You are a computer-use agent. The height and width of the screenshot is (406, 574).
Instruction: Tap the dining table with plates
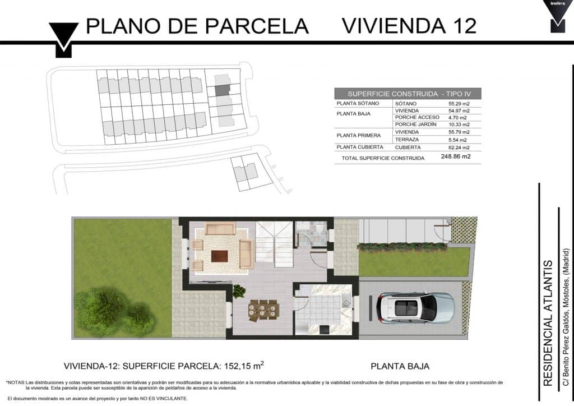[263, 310]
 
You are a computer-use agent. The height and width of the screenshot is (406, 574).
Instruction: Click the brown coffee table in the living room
[219, 256]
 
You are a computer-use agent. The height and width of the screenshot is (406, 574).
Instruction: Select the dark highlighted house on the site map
[222, 90]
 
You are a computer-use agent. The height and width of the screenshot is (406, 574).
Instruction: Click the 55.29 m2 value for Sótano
[459, 104]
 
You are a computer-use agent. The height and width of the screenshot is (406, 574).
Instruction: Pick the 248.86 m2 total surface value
[456, 156]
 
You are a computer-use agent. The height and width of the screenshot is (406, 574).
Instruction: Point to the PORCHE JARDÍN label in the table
[415, 124]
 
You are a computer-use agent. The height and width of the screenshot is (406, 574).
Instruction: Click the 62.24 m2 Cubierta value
[459, 147]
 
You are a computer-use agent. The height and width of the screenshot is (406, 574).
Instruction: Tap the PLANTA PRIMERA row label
[358, 136]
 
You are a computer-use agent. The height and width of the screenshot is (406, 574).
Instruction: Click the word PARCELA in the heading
[257, 26]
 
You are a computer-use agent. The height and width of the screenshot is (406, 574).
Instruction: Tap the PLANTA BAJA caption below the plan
[400, 366]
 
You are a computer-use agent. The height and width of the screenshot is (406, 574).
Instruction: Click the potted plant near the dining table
[239, 291]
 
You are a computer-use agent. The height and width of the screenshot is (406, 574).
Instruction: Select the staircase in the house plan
[274, 244]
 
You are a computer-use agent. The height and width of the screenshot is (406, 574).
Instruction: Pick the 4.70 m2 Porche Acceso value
[457, 118]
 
